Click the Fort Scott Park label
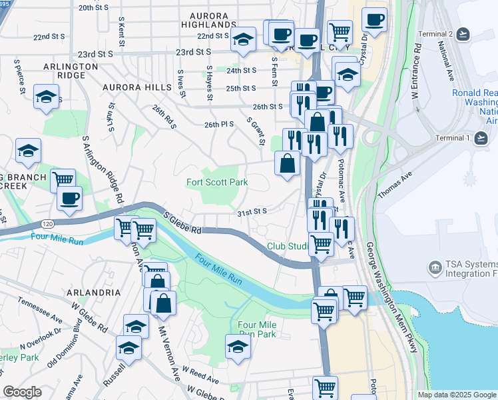217,182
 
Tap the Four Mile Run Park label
257,329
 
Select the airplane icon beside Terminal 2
463,34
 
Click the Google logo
22,392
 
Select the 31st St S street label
252,212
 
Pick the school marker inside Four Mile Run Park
237,345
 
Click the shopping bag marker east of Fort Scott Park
287,163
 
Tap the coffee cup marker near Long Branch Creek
69,197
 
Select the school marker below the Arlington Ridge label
46,97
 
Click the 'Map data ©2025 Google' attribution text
457,395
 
